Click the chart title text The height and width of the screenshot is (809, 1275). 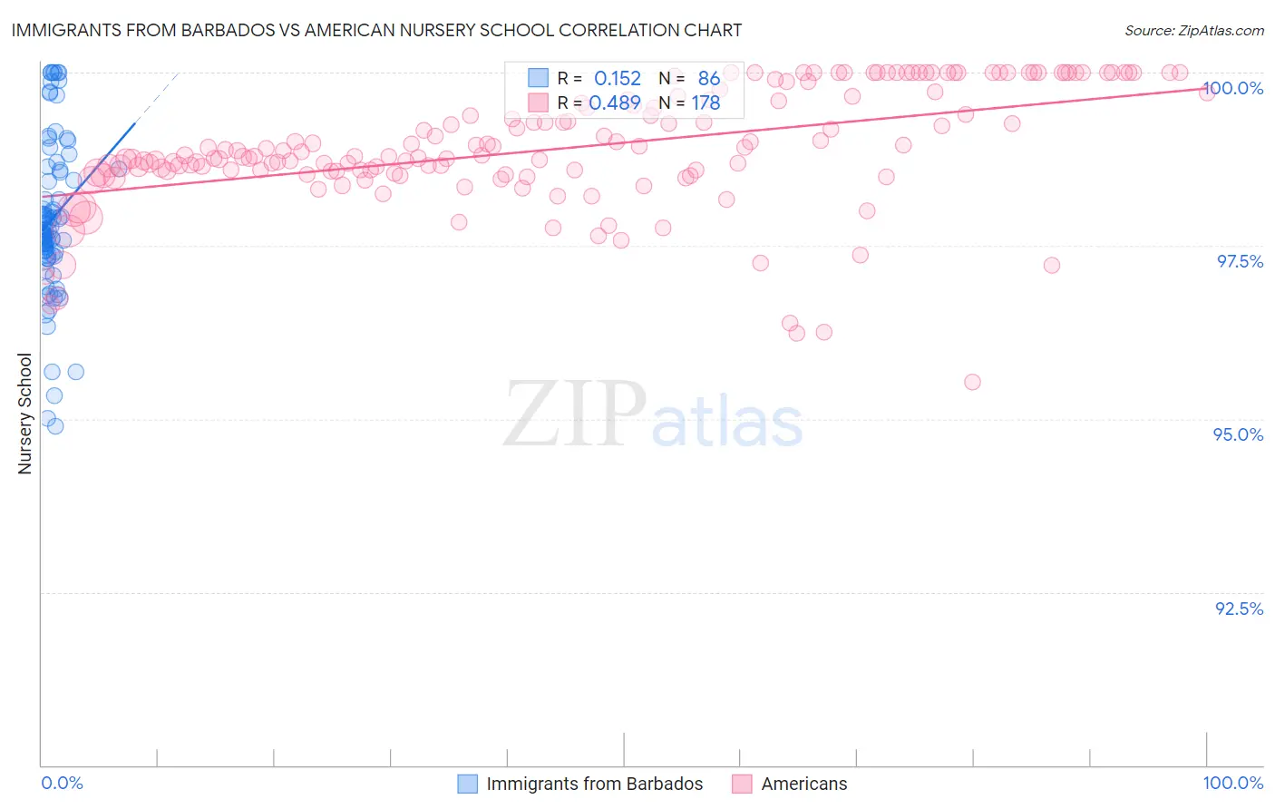[376, 30]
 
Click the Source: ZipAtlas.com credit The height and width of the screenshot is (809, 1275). [1193, 30]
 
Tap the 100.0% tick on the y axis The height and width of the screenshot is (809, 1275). [1232, 88]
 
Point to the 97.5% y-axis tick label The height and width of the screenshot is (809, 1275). [1239, 261]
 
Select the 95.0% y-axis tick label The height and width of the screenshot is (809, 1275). [1238, 434]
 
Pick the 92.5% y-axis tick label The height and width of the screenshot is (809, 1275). [1239, 609]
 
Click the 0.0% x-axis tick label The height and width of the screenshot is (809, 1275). [62, 783]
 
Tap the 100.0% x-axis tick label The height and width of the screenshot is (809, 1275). [1232, 783]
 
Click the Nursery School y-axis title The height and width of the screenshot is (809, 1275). [25, 414]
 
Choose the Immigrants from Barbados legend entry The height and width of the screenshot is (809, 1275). [594, 784]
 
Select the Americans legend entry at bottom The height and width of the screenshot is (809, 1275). [803, 784]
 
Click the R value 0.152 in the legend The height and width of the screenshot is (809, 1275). [618, 79]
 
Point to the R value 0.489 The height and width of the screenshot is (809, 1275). [616, 103]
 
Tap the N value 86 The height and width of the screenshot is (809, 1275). [709, 79]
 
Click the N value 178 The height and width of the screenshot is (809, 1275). [706, 103]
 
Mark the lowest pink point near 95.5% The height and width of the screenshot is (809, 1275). [972, 382]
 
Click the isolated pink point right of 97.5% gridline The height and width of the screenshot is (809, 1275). [1051, 265]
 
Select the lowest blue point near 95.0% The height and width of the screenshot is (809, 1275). [55, 426]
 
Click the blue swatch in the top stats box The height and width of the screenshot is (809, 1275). [539, 78]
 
